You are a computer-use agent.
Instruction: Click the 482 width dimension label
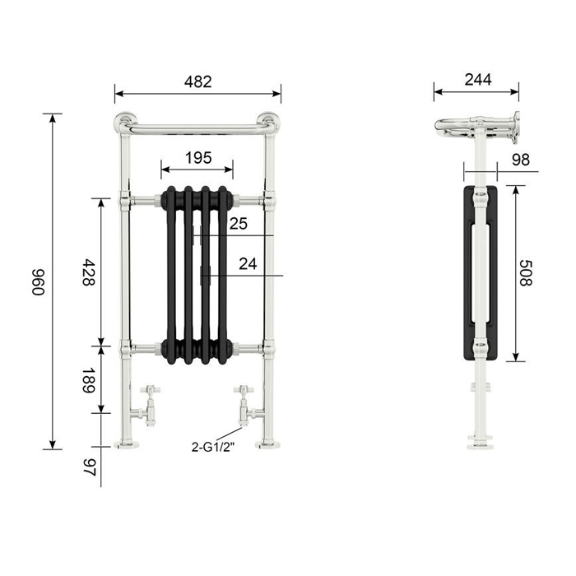[198, 82]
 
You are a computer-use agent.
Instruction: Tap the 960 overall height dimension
[38, 281]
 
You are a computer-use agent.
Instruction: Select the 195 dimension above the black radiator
[198, 158]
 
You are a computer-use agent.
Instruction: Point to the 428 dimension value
[89, 272]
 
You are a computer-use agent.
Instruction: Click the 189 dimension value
[89, 380]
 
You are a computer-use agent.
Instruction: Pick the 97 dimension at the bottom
[89, 467]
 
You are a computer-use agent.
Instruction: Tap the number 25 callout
[239, 224]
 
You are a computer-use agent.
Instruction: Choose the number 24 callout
[248, 264]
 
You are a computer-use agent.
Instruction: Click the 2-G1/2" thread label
[212, 448]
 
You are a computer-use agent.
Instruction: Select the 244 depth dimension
[478, 80]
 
